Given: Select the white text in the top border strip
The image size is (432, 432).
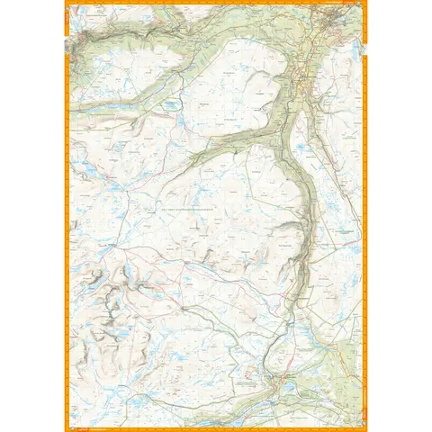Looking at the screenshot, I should (x=216, y=3).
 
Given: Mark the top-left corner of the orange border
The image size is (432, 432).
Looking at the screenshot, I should (x=65, y=1).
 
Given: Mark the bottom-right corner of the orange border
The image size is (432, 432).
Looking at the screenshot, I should (x=367, y=430).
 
